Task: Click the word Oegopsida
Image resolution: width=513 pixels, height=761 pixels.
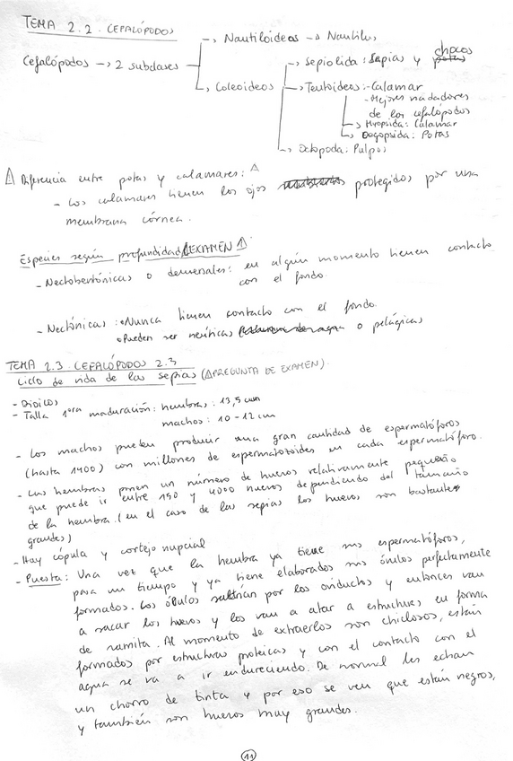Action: pyautogui.click(x=380, y=135)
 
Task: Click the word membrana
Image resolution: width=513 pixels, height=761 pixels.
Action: pyautogui.click(x=93, y=215)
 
